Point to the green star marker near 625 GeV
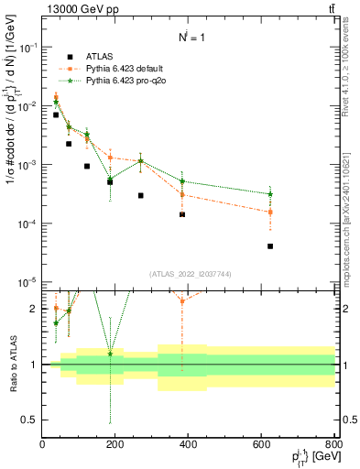(270, 194)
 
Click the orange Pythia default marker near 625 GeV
(270, 213)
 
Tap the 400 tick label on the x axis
(188, 445)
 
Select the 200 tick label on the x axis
(115, 445)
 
